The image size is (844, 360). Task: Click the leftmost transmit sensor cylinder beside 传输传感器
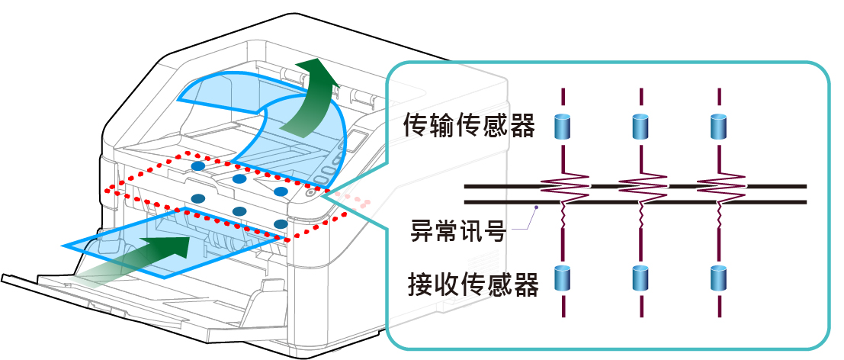click(563, 127)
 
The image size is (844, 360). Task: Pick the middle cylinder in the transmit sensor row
click(641, 127)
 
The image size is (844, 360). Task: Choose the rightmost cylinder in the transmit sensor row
click(718, 127)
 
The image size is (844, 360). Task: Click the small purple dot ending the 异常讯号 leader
click(537, 206)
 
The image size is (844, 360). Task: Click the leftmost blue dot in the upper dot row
click(197, 166)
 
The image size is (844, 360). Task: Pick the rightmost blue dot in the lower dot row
click(281, 224)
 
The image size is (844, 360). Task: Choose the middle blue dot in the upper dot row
click(239, 178)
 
